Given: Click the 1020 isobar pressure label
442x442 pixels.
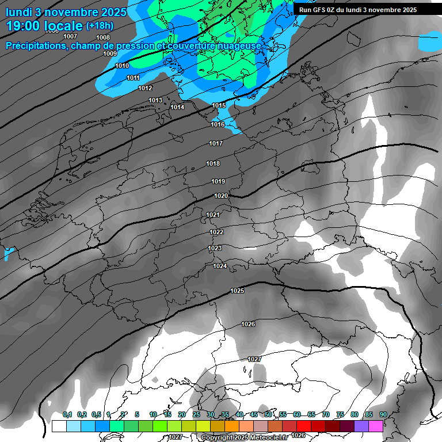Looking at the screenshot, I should (x=221, y=196).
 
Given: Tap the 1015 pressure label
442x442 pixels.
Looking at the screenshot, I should (x=219, y=105).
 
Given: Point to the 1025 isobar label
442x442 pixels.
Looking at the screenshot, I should (x=237, y=291).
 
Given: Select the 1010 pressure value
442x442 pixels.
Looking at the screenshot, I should (x=122, y=66).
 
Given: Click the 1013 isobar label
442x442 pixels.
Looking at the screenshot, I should (x=155, y=100).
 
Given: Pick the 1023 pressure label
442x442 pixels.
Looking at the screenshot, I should (x=215, y=248).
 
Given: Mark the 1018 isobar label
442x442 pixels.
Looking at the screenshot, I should (x=213, y=163).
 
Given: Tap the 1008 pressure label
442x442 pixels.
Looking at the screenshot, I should (x=103, y=37).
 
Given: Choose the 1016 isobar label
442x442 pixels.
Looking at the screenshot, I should (x=218, y=124).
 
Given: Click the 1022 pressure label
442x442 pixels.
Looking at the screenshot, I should (x=216, y=232).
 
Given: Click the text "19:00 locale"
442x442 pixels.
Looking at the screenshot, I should (x=44, y=25).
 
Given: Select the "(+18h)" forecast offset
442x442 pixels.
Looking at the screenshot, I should (x=100, y=26).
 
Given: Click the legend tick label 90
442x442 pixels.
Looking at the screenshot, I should (x=383, y=414).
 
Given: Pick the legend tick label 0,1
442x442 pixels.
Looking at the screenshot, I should (x=67, y=414).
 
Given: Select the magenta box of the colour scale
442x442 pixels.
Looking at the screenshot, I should (x=376, y=426).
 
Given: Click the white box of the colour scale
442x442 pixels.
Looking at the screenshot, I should (x=59, y=426).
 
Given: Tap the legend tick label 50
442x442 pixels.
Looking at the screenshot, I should (x=268, y=414).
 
